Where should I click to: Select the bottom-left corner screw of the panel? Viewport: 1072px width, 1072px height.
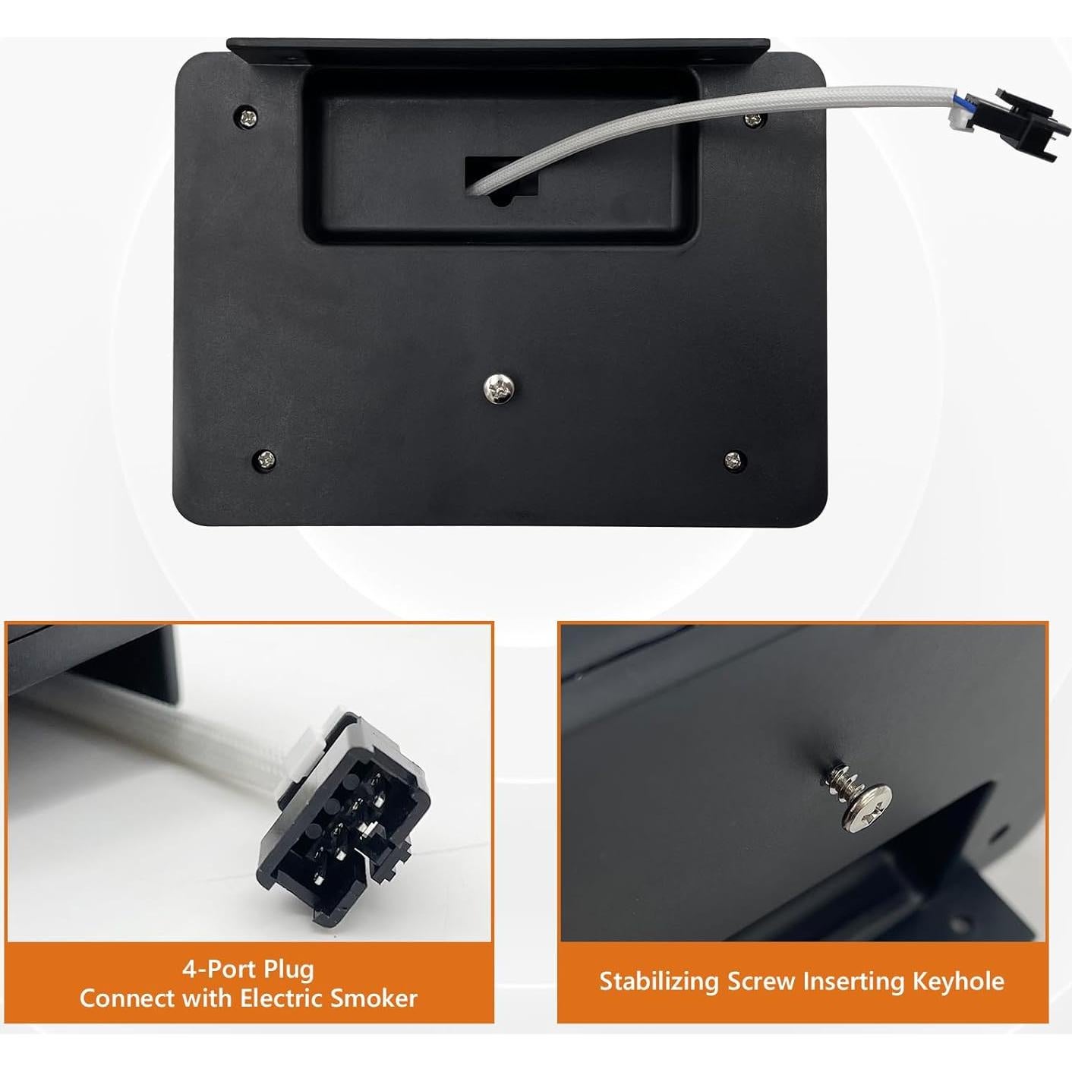click(x=264, y=459)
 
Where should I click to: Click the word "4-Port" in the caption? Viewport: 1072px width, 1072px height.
click(x=215, y=969)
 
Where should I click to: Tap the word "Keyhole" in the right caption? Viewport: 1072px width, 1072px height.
click(x=958, y=981)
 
